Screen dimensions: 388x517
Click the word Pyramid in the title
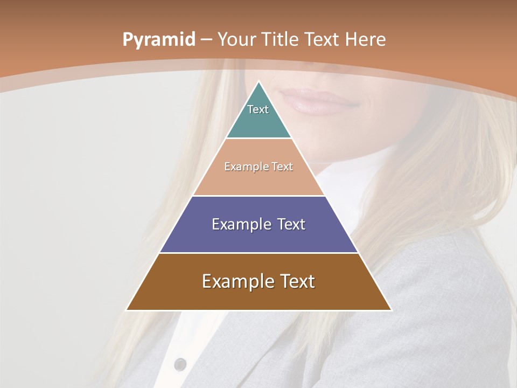click(x=158, y=40)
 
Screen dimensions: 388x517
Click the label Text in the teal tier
click(x=258, y=109)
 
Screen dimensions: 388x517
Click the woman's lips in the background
click(x=318, y=101)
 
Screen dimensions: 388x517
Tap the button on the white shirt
click(x=180, y=364)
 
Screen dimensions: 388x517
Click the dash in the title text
click(x=206, y=40)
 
